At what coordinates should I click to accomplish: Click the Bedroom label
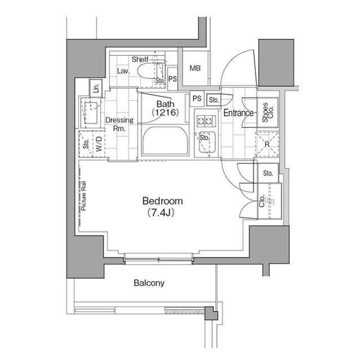coord(162,201)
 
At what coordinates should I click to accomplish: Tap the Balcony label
coord(149,283)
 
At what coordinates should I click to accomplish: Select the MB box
coord(195,69)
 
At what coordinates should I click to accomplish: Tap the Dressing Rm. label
coord(119,124)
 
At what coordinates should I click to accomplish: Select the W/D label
coord(98,143)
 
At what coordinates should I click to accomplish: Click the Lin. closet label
coord(96,88)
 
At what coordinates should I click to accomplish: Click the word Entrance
coord(238,113)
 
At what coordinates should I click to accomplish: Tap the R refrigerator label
coord(267,144)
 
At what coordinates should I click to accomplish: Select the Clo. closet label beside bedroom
coord(262,200)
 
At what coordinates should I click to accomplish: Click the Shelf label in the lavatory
coord(139,59)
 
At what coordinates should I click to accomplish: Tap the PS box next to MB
coord(173,79)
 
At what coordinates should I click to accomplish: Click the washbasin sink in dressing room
coord(90,110)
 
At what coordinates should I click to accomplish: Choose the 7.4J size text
coord(162,213)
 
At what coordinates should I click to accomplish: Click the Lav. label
coord(124,72)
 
